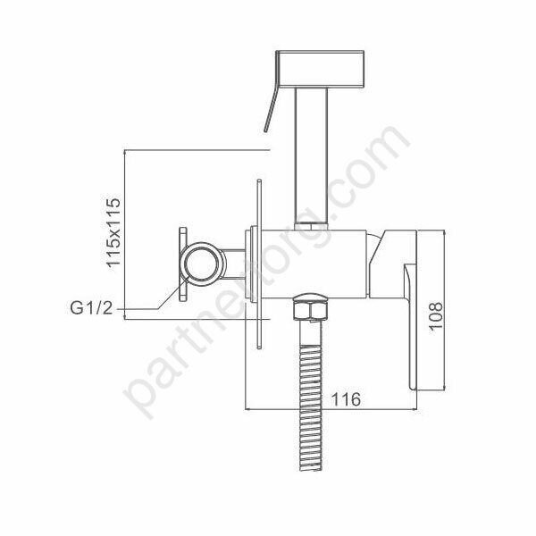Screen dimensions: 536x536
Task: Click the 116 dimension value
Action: [x=343, y=399]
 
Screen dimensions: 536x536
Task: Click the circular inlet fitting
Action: [x=202, y=265]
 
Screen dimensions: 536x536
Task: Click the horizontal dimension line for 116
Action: [x=343, y=411]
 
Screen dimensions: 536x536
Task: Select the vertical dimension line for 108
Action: [x=445, y=312]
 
